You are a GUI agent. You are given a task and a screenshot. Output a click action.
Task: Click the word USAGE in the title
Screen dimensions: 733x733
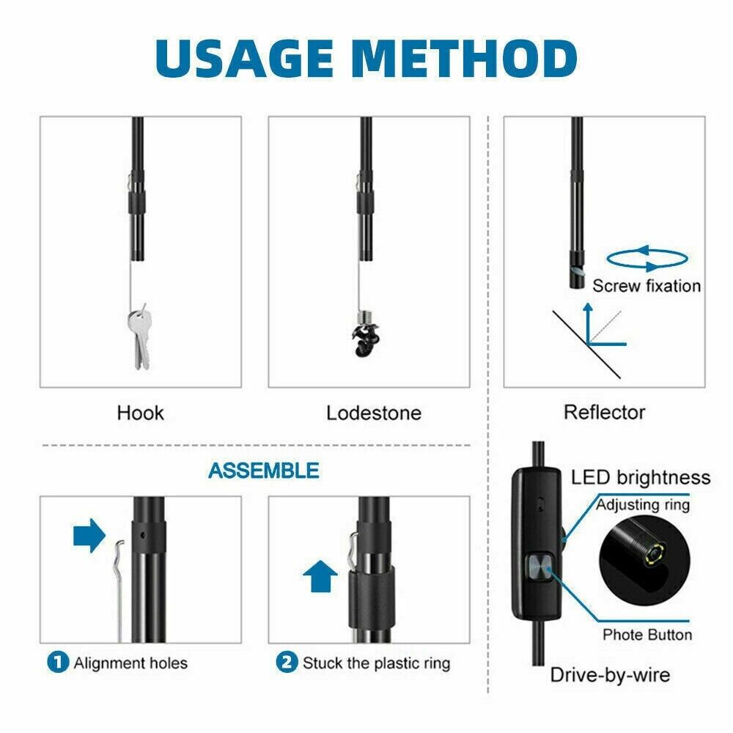pos(244,59)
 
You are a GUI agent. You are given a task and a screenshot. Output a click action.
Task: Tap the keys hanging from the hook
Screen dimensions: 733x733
pos(140,336)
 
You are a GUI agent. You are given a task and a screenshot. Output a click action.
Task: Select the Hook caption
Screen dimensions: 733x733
pos(140,413)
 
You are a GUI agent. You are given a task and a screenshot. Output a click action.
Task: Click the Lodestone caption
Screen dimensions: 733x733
pos(374,413)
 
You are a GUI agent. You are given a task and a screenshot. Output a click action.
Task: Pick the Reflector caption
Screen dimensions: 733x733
pos(604,412)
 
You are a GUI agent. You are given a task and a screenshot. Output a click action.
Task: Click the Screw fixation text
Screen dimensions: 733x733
pos(647,286)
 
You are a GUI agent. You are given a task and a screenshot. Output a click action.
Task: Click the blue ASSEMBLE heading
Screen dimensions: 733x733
pos(264,471)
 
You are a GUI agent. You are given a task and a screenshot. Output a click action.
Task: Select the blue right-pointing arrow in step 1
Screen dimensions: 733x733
pos(89,535)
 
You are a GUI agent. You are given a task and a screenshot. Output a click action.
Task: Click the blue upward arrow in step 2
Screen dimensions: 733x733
pos(320,575)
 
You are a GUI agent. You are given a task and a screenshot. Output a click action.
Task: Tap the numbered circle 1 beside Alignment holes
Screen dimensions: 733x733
pos(58,663)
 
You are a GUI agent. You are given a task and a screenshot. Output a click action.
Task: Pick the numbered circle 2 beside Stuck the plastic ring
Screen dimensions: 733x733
pos(287,663)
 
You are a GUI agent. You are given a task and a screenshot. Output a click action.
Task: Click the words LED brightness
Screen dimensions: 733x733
pos(641,478)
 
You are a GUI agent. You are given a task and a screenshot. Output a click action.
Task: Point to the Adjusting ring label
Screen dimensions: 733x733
pos(643,505)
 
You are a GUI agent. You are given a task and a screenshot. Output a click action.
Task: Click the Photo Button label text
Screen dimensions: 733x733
pos(647,635)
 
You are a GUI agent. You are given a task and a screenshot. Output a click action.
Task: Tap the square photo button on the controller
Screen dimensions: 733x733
pos(540,568)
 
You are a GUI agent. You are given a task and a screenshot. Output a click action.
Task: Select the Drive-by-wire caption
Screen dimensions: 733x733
pos(610,675)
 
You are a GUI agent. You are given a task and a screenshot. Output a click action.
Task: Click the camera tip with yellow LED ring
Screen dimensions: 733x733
pos(654,554)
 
